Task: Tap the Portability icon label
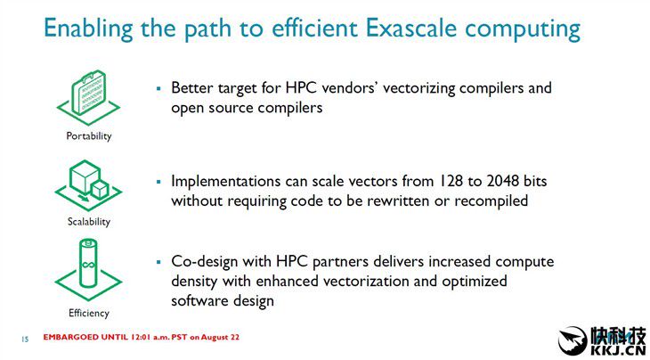point(89,136)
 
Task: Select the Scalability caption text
point(89,222)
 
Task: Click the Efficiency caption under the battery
point(89,313)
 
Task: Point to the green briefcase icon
point(89,93)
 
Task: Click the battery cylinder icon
point(88,263)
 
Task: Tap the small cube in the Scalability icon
point(100,190)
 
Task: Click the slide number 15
point(25,340)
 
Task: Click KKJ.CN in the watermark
point(617,348)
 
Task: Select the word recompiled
point(492,201)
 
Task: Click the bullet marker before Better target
point(158,88)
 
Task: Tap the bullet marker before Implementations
point(158,182)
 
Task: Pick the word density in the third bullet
point(194,282)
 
